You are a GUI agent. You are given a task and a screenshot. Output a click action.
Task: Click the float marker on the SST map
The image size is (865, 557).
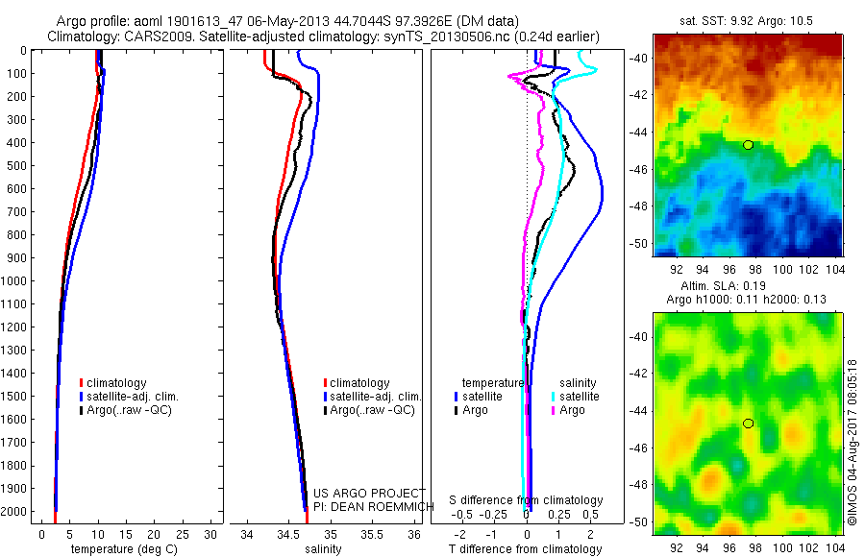748,145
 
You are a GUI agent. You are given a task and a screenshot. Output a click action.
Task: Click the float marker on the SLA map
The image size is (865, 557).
748,424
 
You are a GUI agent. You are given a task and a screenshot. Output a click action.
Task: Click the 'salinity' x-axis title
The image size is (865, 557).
323,549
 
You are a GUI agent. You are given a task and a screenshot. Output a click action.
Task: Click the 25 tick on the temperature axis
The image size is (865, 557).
182,534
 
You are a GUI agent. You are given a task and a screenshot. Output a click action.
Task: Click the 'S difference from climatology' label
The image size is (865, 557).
527,500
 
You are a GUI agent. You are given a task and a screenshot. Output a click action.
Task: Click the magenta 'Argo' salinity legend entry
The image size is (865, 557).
570,410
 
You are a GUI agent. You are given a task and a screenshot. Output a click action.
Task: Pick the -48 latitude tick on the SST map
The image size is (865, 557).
639,206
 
